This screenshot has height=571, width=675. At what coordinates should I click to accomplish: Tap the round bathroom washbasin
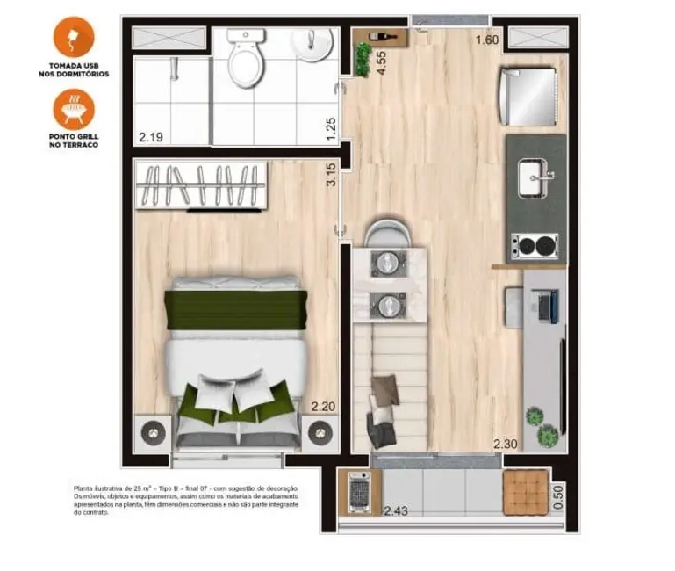[313, 43]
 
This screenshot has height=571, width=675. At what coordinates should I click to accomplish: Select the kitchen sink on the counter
[535, 178]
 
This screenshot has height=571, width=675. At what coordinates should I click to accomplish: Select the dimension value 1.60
[487, 40]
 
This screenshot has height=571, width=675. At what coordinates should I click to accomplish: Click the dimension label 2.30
[506, 444]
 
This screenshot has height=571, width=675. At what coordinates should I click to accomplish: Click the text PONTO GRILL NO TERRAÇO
[73, 141]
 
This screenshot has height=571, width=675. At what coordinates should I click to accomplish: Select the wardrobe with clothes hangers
[202, 187]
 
